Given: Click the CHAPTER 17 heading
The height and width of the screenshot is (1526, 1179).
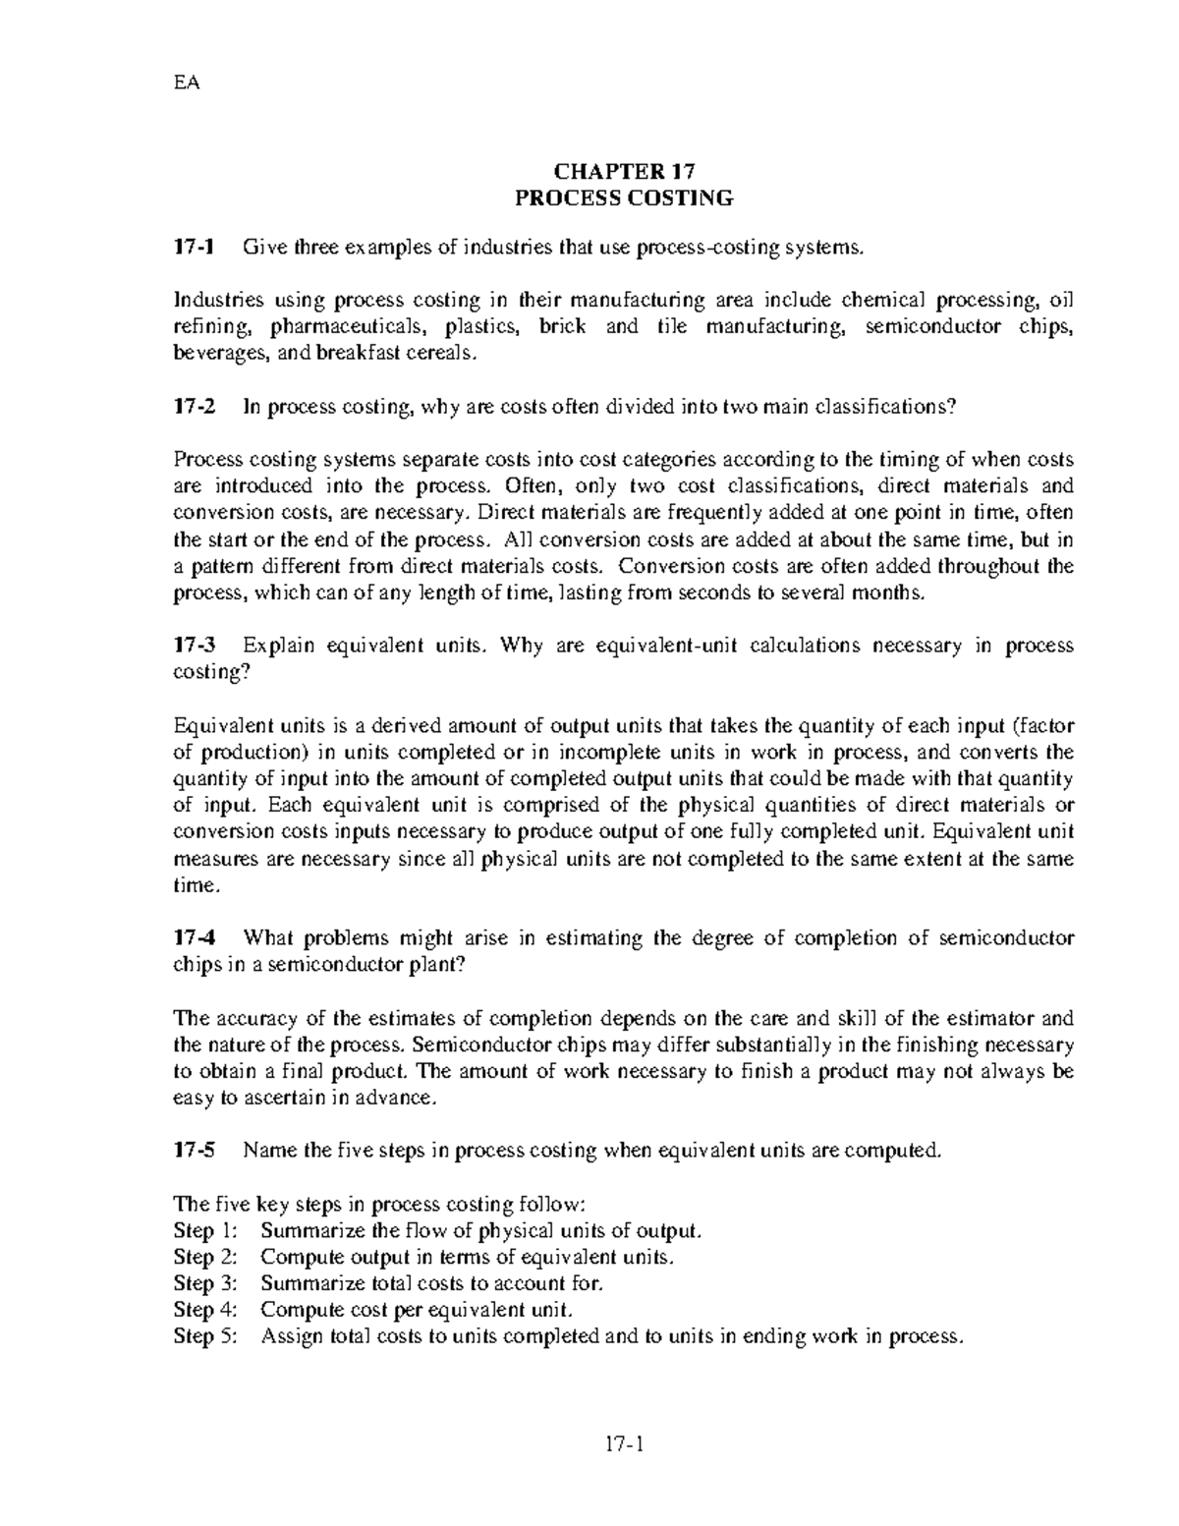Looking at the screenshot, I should point(625,170).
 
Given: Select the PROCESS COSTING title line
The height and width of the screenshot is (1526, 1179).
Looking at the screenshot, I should point(625,198).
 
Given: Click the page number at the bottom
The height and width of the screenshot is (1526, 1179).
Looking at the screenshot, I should point(625,1443).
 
